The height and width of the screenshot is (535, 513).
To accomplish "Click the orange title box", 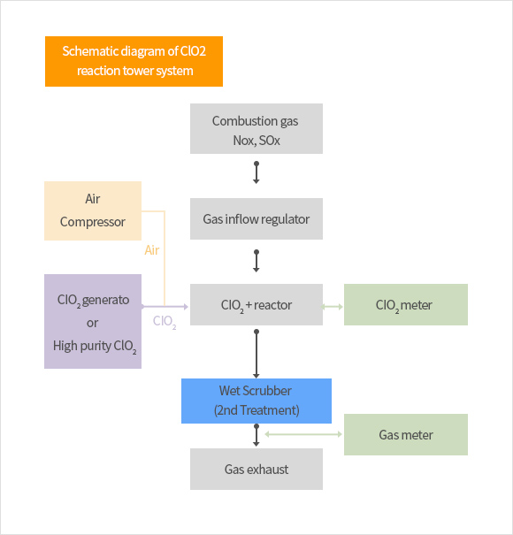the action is coord(134,61).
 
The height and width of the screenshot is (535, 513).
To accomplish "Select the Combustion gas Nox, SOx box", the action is coord(256,128).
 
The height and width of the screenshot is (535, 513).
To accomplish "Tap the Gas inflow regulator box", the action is coord(256,218).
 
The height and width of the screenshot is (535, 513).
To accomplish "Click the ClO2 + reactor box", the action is coord(256,304).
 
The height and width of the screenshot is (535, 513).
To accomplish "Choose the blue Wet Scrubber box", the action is coord(256,401).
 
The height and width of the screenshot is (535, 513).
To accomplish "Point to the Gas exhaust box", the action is coord(256,470).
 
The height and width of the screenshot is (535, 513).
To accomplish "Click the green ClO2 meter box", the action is coord(406,304).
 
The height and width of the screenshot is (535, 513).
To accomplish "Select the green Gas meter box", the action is coord(406,435).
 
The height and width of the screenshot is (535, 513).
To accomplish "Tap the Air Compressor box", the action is coord(93,210).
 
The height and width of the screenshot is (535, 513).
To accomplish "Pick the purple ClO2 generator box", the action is coord(93,321).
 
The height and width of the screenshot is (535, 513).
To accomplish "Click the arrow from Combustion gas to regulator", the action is coord(256,172).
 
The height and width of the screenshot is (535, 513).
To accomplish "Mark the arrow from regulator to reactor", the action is coord(256,261).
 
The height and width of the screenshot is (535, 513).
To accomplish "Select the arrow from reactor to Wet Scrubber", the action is coord(256,354).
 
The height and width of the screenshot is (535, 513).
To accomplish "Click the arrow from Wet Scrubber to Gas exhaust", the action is coord(256,435).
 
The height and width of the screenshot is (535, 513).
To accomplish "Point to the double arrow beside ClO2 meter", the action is coord(333,307).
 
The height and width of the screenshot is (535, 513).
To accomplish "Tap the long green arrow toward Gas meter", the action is coord(303,434).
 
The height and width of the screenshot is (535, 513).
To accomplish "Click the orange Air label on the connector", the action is coord(152,250).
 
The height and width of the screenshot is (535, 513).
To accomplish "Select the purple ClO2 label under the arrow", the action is coord(165,321).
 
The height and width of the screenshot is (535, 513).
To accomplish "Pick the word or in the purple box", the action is coord(93,323).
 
